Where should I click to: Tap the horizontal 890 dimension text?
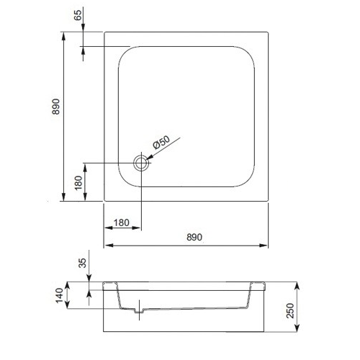(x=186, y=237)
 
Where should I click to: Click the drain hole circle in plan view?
(x=141, y=163)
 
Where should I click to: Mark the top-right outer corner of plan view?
(x=269, y=31)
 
